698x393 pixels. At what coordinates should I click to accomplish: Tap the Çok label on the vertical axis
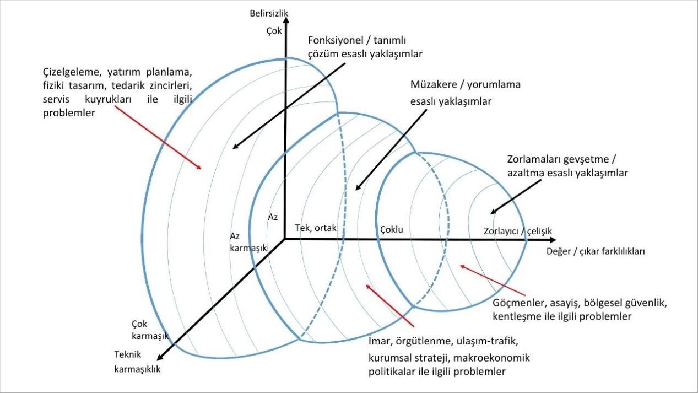tap(274, 31)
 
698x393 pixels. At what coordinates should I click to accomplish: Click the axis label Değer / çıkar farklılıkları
tap(595, 251)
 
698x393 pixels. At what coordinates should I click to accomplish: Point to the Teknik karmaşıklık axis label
tap(137, 362)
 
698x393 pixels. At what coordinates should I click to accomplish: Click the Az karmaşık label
tap(248, 242)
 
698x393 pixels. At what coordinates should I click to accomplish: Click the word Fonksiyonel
tap(338, 40)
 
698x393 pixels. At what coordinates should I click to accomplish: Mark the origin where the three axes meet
tap(284, 239)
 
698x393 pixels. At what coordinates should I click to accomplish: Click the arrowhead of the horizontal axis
tap(553, 240)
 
